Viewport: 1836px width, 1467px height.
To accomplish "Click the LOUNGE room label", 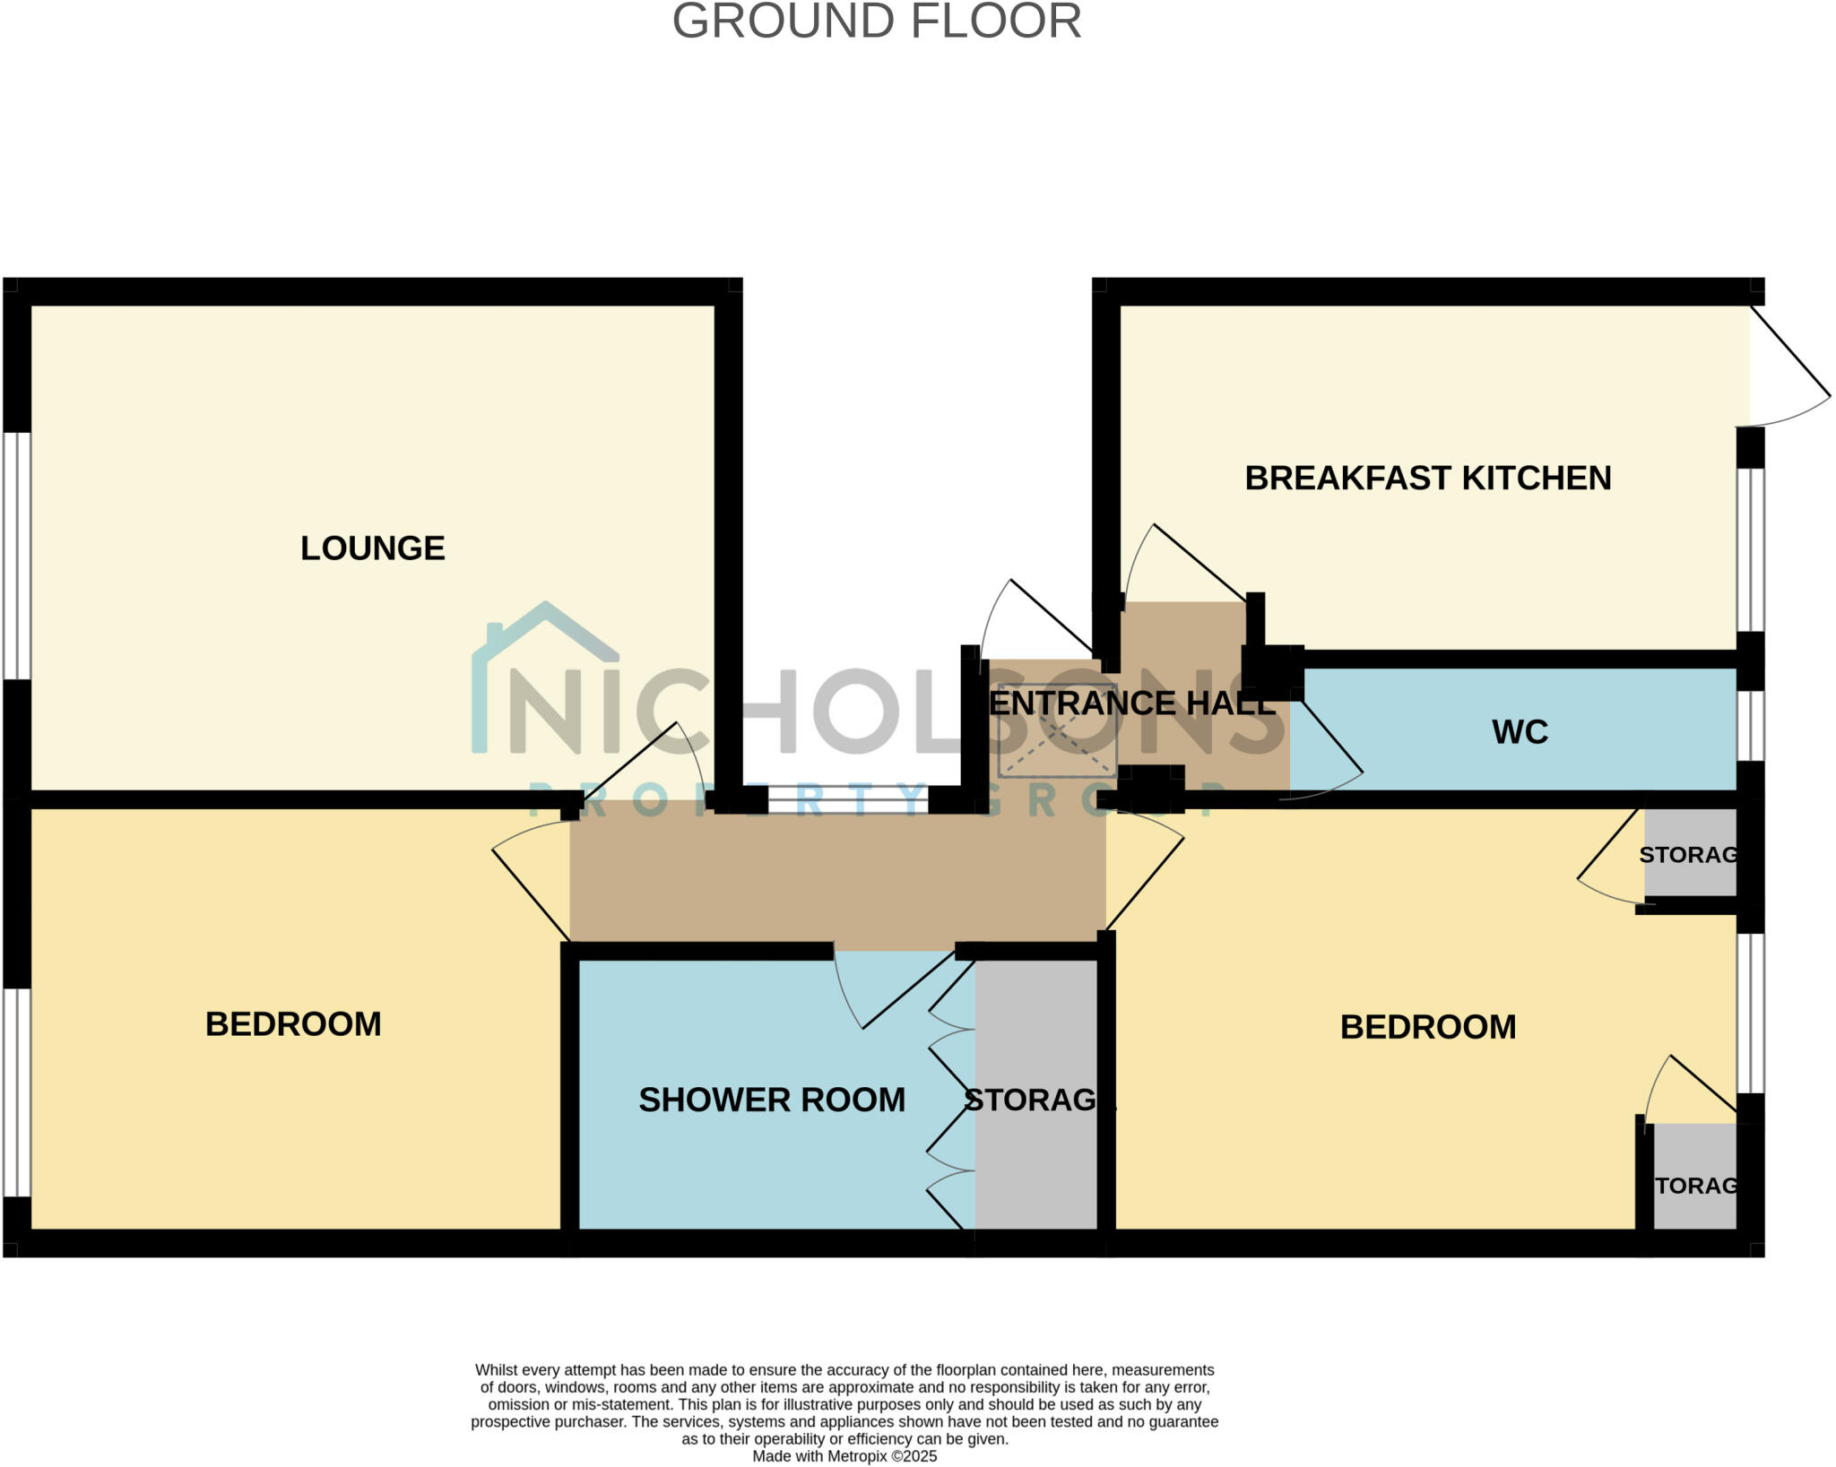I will [x=372, y=548].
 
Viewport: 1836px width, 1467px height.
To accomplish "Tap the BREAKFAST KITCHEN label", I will [x=1427, y=479].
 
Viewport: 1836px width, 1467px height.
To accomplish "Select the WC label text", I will [x=1520, y=732].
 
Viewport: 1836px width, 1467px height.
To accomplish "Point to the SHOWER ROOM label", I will [x=771, y=1100].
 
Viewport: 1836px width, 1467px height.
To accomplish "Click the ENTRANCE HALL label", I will [x=1130, y=703].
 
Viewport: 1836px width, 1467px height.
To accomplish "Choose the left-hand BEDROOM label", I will [x=293, y=1024].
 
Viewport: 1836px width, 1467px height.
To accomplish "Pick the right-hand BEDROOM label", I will [x=1427, y=1027].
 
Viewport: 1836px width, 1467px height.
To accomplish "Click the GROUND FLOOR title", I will [x=876, y=22].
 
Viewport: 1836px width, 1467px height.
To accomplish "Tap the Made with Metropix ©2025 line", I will [x=844, y=1456].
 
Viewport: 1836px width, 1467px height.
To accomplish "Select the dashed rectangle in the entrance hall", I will [x=1057, y=743].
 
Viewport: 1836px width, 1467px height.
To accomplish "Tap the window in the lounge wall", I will [x=16, y=556].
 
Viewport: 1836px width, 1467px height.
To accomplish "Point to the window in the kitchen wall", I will [x=1750, y=548].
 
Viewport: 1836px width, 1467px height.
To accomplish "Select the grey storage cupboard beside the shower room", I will [x=1035, y=1093].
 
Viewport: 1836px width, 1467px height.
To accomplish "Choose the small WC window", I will [x=1750, y=725].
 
